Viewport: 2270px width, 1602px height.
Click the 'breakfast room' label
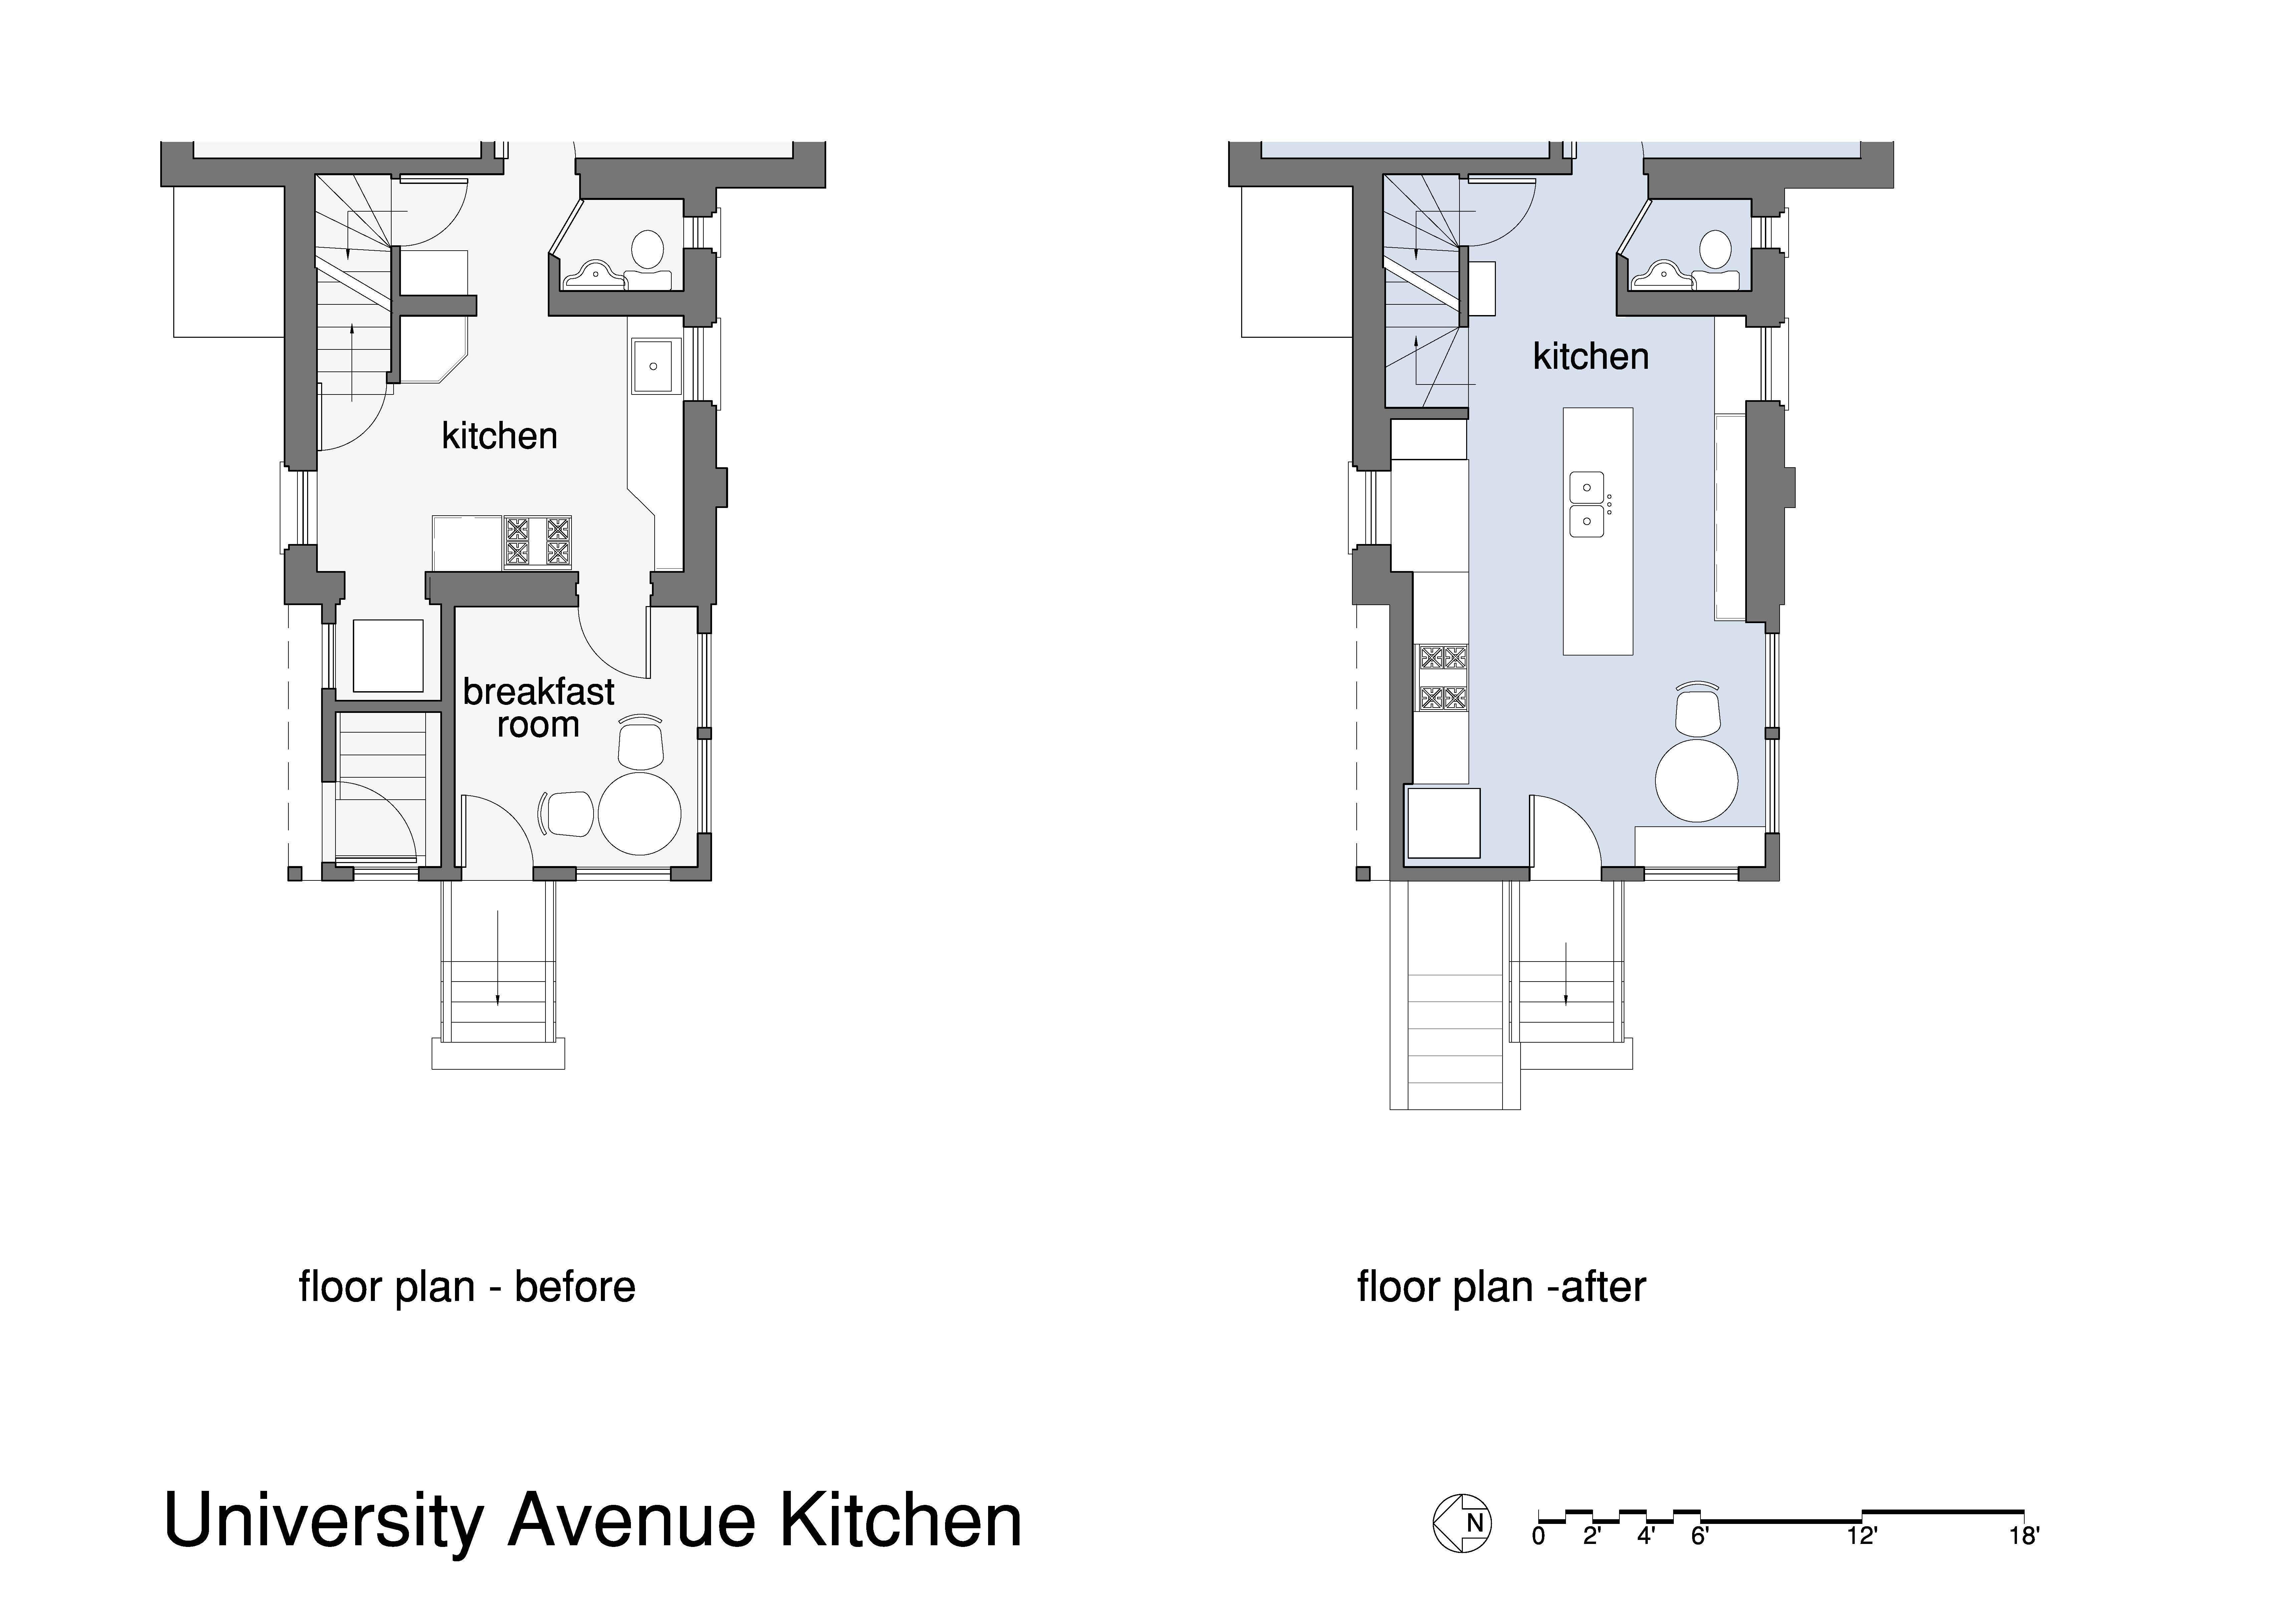(x=539, y=708)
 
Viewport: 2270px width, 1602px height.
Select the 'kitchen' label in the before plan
(x=499, y=436)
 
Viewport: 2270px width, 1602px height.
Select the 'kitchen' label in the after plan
(x=1591, y=357)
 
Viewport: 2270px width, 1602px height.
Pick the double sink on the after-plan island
(x=1588, y=504)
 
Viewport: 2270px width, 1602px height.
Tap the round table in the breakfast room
(x=640, y=813)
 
